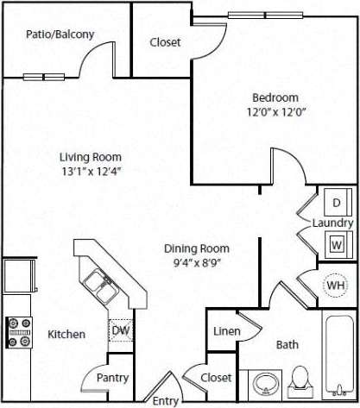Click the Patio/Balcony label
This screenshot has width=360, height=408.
tap(59, 35)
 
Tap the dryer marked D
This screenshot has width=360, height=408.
tap(336, 204)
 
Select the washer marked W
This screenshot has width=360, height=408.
tap(336, 244)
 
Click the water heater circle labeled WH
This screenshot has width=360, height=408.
tap(335, 285)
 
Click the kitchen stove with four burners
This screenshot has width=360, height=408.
tap(19, 333)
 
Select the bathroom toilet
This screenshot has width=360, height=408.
tap(300, 380)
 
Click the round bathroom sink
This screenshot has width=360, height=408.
tap(262, 381)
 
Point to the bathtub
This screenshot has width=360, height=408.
tap(338, 358)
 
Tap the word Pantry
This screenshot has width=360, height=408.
tap(113, 378)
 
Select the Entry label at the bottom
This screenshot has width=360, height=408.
tap(165, 401)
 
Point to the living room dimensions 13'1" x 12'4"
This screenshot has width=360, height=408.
tap(90, 173)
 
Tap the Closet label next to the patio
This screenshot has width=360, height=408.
tap(164, 42)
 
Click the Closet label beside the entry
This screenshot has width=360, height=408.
tap(216, 377)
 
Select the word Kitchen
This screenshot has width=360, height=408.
tap(66, 334)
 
